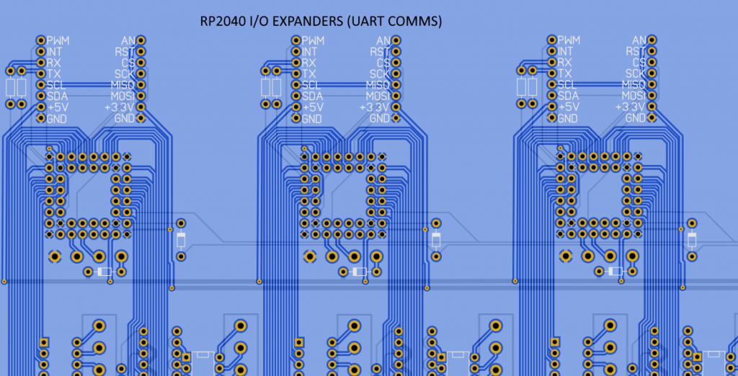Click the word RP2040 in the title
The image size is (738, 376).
click(222, 22)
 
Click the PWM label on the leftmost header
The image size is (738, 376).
click(63, 40)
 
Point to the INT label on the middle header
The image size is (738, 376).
click(310, 52)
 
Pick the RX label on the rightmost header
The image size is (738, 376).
click(566, 63)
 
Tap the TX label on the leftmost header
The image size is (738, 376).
click(55, 73)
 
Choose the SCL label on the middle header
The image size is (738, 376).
click(311, 85)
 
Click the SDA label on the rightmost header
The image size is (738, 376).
click(568, 96)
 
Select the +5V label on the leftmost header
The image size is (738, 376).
click(58, 107)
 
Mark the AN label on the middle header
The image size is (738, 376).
click(383, 40)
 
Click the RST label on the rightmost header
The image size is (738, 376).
click(635, 51)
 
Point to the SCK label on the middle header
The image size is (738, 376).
click(380, 73)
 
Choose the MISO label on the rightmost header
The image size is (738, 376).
click(631, 85)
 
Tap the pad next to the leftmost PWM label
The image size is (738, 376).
click(40, 40)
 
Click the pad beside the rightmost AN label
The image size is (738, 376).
click(652, 40)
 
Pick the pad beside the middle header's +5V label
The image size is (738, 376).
click(295, 107)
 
